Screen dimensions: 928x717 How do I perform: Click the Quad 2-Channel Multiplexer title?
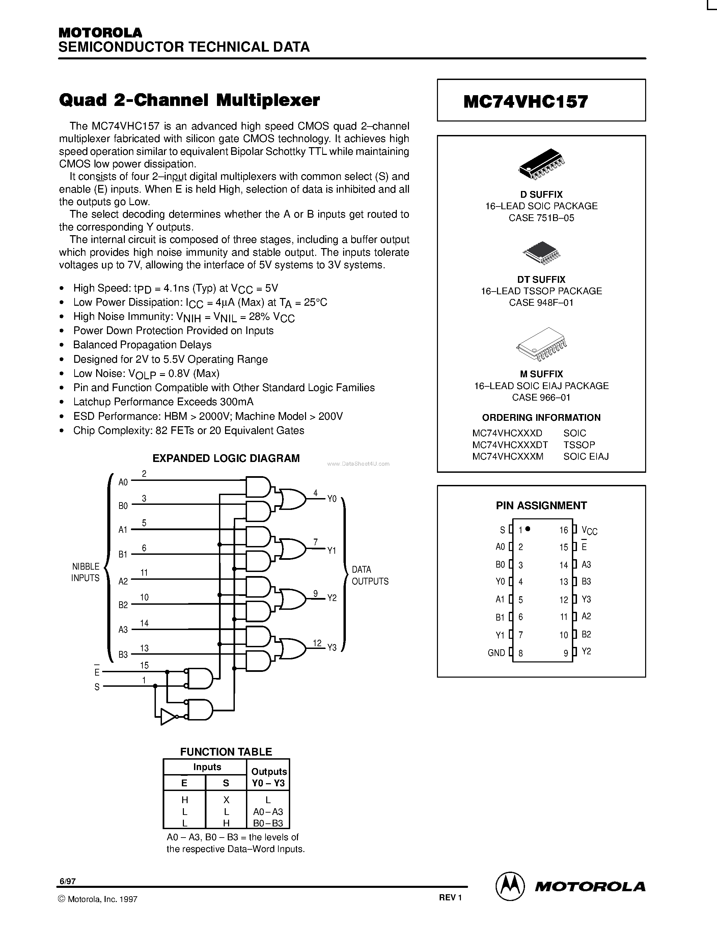point(189,100)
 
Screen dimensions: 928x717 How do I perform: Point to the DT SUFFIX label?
point(541,280)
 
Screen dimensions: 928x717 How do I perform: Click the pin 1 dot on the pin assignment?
point(528,528)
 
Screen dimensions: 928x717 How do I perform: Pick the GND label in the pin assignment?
point(496,653)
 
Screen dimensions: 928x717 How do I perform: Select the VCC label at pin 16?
point(589,530)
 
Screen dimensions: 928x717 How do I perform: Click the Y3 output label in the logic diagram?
point(332,648)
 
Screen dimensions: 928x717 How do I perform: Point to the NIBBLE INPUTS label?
point(85,572)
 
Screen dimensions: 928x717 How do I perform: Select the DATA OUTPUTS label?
point(369,575)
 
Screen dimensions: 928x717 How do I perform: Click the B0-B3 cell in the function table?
point(268,823)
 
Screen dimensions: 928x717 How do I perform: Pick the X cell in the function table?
point(226,800)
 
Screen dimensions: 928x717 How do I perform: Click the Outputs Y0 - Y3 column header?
point(269,777)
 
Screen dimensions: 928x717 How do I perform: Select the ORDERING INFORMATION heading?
point(541,417)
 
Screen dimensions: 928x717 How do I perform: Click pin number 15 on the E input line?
point(144,665)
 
